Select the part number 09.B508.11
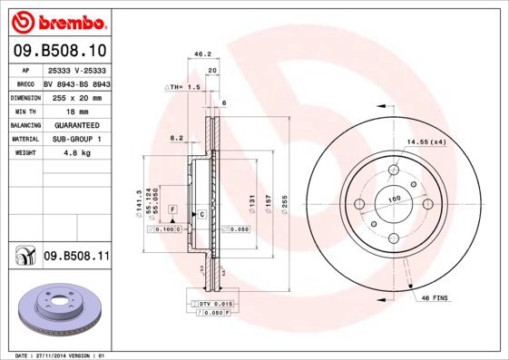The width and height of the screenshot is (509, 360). click(x=76, y=258)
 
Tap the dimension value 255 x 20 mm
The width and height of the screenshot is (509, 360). click(x=76, y=95)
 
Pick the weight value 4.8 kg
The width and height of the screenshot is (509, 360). click(x=76, y=153)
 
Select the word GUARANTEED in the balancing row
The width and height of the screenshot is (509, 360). click(x=76, y=124)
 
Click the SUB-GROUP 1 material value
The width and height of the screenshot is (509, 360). click(x=76, y=139)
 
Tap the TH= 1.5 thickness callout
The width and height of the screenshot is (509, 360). click(x=182, y=87)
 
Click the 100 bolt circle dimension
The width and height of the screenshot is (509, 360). click(x=395, y=199)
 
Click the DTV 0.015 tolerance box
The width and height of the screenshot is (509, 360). click(x=216, y=302)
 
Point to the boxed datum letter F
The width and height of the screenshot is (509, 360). click(x=171, y=209)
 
